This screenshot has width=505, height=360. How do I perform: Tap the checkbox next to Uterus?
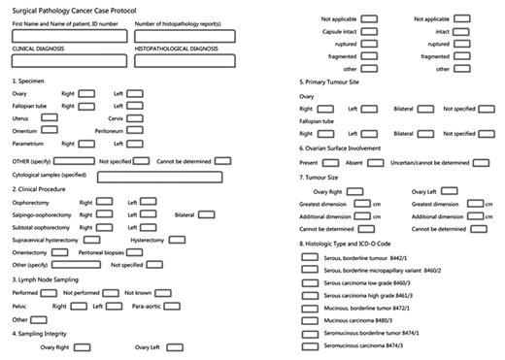(x=50, y=117)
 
